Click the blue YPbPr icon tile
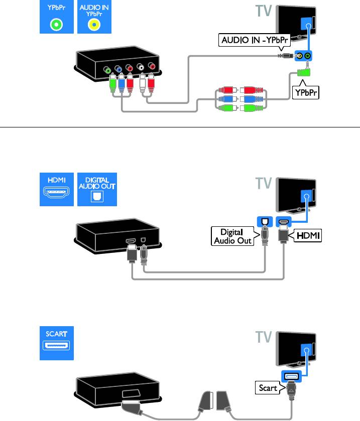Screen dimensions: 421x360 point(57,17)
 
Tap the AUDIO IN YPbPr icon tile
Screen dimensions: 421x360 point(94,17)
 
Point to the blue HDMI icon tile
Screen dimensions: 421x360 point(57,188)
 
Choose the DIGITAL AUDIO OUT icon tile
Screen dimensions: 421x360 point(94,188)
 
